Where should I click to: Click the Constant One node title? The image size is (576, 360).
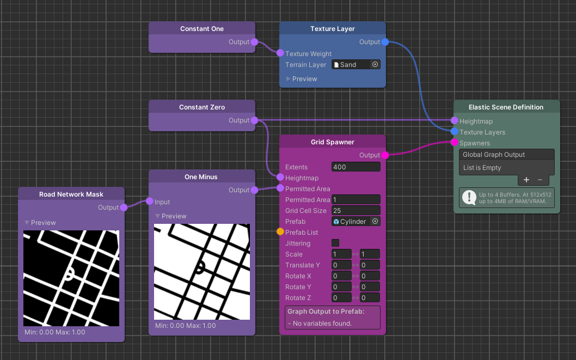pos(201,29)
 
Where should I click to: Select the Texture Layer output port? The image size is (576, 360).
pos(385,42)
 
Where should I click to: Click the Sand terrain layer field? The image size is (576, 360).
pos(351,65)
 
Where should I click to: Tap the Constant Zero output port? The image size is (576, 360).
pos(254,120)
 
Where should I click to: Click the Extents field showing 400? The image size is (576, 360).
pos(356,167)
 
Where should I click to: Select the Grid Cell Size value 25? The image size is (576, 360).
pos(356,211)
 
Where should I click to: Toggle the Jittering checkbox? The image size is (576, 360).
pos(335,243)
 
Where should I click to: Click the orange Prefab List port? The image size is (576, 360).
pos(280,232)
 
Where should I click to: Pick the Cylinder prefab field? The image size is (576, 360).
pos(351,222)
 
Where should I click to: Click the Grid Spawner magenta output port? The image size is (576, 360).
pos(385,155)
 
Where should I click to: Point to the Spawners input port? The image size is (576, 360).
pos(455,143)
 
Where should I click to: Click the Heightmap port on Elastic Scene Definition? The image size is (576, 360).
pos(455,121)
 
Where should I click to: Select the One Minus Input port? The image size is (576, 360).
pos(150,202)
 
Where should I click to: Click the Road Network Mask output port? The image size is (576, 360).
pos(124,208)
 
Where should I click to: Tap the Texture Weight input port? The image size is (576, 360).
pos(280,53)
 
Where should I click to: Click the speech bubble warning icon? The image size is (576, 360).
pos(468,198)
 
